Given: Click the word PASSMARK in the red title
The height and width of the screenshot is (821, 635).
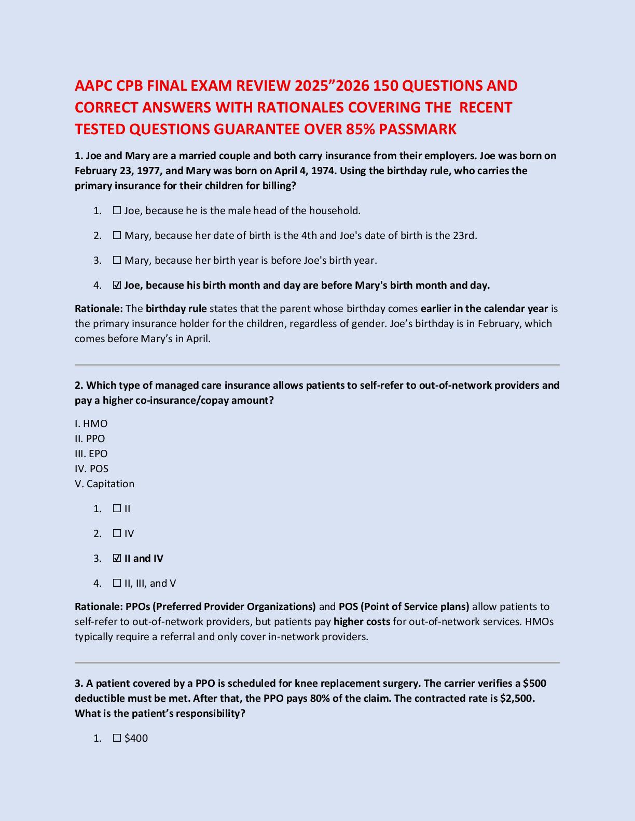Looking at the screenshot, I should [418, 129].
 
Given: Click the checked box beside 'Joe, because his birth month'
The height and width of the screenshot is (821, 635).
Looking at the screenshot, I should [117, 285].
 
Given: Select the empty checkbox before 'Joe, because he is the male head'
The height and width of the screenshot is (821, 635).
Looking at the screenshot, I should [117, 210].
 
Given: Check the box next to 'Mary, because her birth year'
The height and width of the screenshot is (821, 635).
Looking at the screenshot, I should [117, 260].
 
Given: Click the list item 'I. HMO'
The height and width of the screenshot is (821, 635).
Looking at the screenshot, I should [91, 423].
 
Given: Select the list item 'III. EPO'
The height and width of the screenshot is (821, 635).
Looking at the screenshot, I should [91, 454].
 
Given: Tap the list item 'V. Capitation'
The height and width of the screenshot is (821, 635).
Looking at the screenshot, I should [105, 484].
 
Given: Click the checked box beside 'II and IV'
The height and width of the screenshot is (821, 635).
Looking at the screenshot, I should [117, 558].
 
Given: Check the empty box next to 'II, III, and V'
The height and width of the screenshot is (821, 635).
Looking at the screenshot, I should [117, 583].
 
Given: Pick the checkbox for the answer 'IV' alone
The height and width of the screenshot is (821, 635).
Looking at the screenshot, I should [117, 533].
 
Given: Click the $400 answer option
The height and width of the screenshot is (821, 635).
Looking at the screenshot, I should [136, 738].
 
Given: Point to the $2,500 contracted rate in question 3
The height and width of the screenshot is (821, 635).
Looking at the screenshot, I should [516, 698].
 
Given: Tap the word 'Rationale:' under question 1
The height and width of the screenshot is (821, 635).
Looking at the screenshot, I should [99, 308].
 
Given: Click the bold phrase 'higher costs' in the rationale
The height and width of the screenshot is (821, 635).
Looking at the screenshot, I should [362, 621].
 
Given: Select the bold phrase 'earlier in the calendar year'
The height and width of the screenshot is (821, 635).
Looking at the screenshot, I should [484, 308].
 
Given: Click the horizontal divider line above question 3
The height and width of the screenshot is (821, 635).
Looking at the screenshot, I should [317, 662].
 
